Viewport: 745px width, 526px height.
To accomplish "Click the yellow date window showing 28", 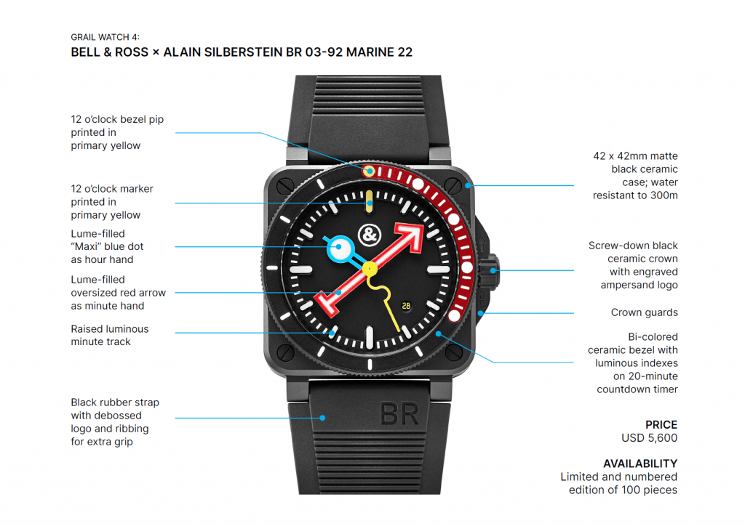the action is pos(406,305).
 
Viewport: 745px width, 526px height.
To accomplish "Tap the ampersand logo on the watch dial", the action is pos(370,234).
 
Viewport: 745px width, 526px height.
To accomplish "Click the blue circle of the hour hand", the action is pos(339,249).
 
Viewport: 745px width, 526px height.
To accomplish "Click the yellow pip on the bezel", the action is pos(370,171).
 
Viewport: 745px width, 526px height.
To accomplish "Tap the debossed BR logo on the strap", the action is pos(399,414).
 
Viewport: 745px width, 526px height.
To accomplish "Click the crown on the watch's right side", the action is pos(495,270).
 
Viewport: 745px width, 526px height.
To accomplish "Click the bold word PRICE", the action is pos(661,424).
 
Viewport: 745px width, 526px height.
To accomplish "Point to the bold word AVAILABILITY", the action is pos(640,464).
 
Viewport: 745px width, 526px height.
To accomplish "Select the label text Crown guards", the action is pos(644,312).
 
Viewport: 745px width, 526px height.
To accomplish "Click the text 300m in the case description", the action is pos(663,195).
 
